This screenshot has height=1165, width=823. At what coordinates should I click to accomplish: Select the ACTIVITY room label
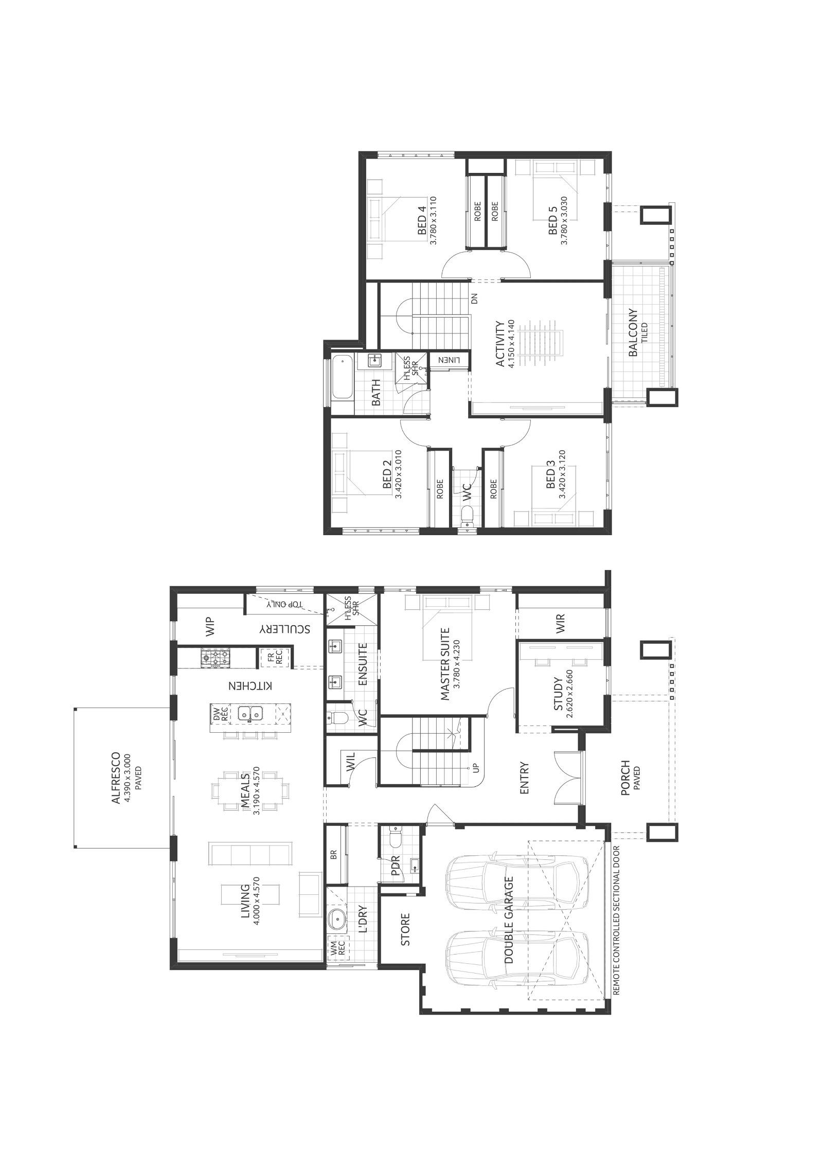[x=498, y=344]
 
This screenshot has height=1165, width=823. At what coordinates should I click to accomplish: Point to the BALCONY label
[x=632, y=332]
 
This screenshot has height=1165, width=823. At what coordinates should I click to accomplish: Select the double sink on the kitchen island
[x=250, y=713]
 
